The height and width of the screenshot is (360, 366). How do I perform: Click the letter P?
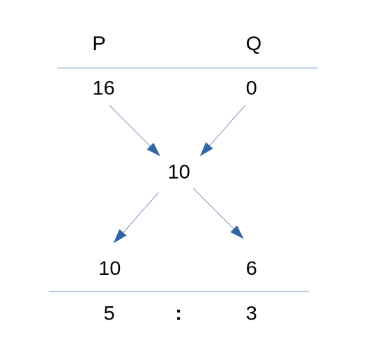point(99,43)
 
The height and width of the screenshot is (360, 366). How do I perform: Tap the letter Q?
point(254,45)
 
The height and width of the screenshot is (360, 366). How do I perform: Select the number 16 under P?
point(104,88)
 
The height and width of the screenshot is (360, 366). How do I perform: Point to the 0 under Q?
point(252,88)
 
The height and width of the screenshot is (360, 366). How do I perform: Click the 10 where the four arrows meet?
point(179,172)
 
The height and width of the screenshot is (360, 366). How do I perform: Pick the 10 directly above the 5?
point(109,268)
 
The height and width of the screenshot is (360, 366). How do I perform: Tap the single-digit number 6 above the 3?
point(252,268)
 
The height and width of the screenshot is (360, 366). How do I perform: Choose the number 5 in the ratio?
point(109,313)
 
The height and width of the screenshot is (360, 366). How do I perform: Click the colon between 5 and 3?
point(178,314)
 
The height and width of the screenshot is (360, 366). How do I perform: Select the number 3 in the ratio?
point(252,313)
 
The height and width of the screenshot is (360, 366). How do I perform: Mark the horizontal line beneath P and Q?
point(188,68)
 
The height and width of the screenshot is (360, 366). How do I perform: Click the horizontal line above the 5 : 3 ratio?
point(178,292)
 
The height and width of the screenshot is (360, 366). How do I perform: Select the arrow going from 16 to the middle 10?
point(135,130)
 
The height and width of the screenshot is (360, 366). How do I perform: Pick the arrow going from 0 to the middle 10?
point(222,130)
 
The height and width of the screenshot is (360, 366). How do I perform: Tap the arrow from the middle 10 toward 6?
point(218,213)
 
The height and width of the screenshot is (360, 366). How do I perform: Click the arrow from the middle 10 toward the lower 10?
point(136,218)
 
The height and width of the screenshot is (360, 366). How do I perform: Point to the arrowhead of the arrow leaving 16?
point(154,150)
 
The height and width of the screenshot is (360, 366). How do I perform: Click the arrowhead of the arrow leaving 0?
point(206,149)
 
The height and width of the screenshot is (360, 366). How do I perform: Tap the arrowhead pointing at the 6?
point(238,233)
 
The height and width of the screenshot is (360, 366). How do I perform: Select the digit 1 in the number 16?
point(97,88)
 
